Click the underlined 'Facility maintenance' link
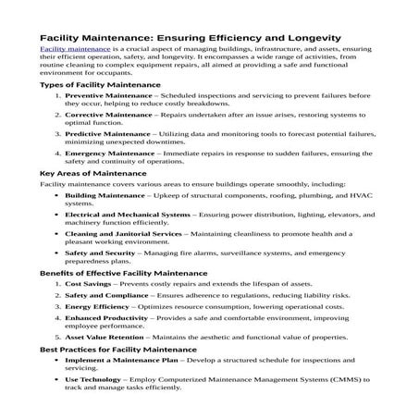pyautogui.click(x=73, y=46)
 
